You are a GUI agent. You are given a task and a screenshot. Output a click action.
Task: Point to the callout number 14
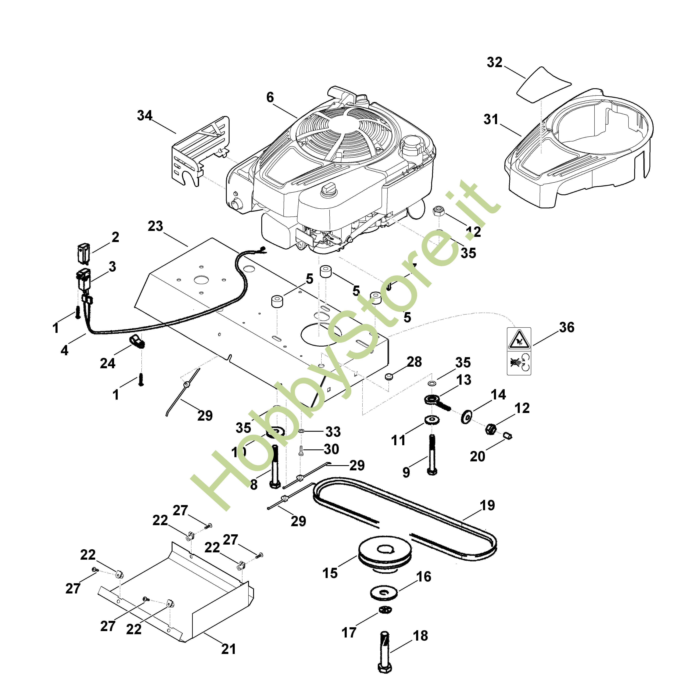[498, 395]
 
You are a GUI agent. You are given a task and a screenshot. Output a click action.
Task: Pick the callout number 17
[349, 632]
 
